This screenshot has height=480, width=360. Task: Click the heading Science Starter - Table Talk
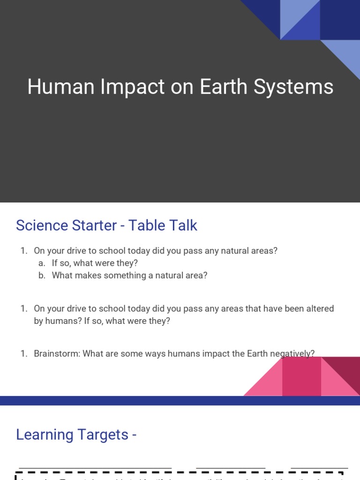(x=106, y=225)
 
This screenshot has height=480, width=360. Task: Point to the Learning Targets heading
(x=76, y=435)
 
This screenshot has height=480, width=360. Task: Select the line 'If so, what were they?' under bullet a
(x=95, y=263)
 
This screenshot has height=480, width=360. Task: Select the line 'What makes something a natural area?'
(x=129, y=275)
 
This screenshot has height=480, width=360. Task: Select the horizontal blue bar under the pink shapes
(x=180, y=400)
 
